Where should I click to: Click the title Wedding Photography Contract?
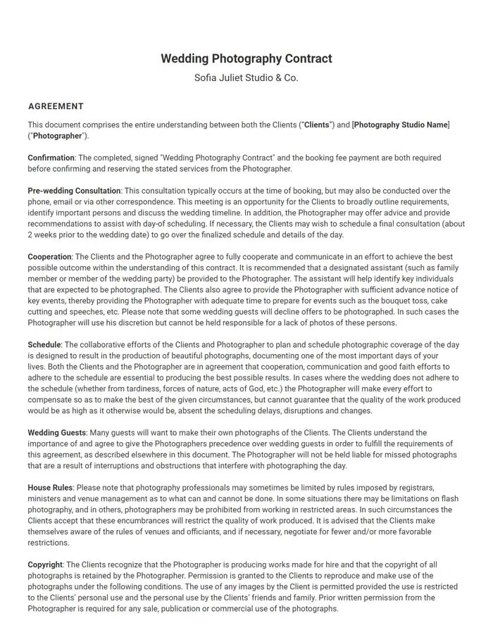[246, 58]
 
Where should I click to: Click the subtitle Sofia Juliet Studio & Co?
[246, 77]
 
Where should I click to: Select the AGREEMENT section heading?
[56, 106]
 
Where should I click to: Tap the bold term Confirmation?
[51, 158]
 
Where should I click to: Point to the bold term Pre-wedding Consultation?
[75, 191]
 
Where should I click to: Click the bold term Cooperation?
[49, 257]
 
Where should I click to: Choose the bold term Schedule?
[44, 345]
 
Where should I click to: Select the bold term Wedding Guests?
[57, 432]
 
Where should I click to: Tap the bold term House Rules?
[50, 487]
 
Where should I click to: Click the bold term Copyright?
[45, 565]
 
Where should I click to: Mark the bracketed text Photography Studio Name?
[401, 125]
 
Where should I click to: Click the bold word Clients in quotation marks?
[316, 125]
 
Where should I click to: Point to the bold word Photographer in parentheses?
[58, 136]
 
